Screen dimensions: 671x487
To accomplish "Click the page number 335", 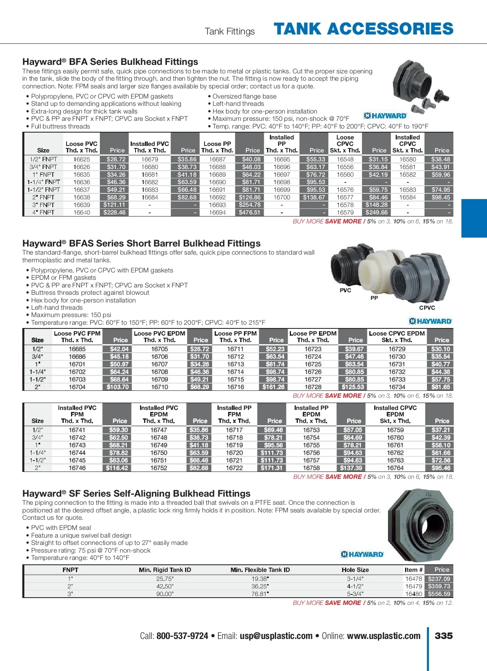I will pyautogui.click(x=444, y=636).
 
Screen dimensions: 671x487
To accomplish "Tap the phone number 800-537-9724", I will pyautogui.click(x=182, y=636).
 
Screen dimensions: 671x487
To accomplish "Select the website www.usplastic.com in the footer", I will pyautogui.click(x=384, y=636).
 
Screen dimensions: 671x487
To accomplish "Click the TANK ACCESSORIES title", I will pyautogui.click(x=363, y=29).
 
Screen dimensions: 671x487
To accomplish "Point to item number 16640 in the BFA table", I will pyautogui.click(x=82, y=212).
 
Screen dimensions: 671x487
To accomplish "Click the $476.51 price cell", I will pyautogui.click(x=250, y=212).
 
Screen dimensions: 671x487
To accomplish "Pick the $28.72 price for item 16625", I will pyautogui.click(x=116, y=159).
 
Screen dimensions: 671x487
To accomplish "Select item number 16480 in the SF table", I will pyautogui.click(x=414, y=594).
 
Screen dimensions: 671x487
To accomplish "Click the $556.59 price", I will pyautogui.click(x=439, y=594).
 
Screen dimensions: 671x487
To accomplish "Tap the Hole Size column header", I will pyautogui.click(x=355, y=570).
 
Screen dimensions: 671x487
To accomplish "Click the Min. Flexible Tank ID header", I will pyautogui.click(x=260, y=570).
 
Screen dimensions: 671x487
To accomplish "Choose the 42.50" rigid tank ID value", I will pyautogui.click(x=165, y=586).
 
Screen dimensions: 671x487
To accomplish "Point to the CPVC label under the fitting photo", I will pyautogui.click(x=427, y=308).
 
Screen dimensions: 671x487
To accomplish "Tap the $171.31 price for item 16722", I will pyautogui.click(x=272, y=468).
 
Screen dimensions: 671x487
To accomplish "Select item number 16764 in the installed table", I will pyautogui.click(x=395, y=468).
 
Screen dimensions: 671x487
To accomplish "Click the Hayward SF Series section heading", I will pyautogui.click(x=136, y=493).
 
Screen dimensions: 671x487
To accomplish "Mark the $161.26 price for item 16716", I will pyautogui.click(x=274, y=387).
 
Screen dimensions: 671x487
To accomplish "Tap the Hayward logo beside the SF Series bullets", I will pyautogui.click(x=362, y=554).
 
